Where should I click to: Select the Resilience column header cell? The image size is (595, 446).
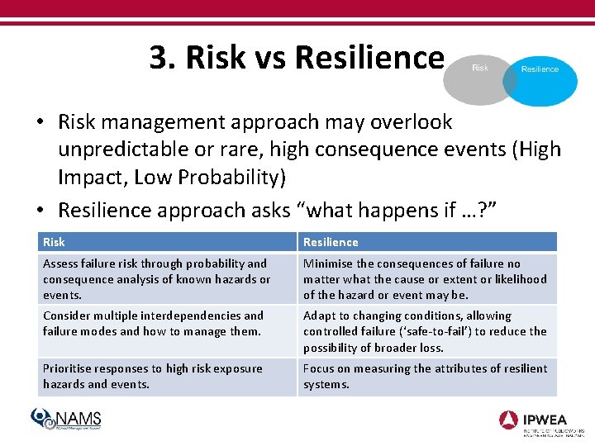426,242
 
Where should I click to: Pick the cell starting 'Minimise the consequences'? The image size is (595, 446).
426,279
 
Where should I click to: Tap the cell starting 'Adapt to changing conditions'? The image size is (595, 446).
426,331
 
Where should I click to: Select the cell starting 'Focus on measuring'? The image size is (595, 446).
426,377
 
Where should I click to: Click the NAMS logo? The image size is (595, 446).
66,420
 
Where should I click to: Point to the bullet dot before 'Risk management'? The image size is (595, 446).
40,123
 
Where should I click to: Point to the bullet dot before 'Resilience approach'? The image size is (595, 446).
40,211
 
